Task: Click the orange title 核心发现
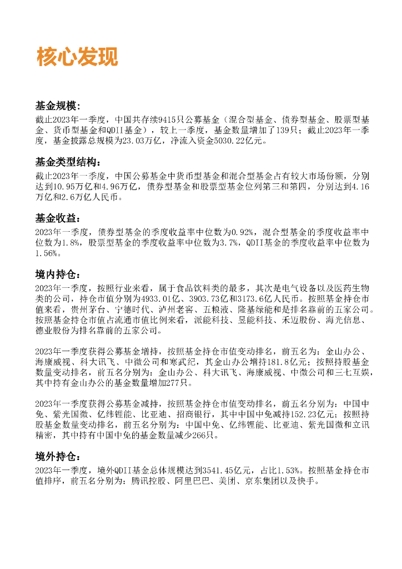(77, 57)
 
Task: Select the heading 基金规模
(57, 106)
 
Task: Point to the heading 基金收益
(57, 218)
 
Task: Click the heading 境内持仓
(57, 275)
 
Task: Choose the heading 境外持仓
(57, 457)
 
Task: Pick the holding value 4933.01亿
(147, 299)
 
